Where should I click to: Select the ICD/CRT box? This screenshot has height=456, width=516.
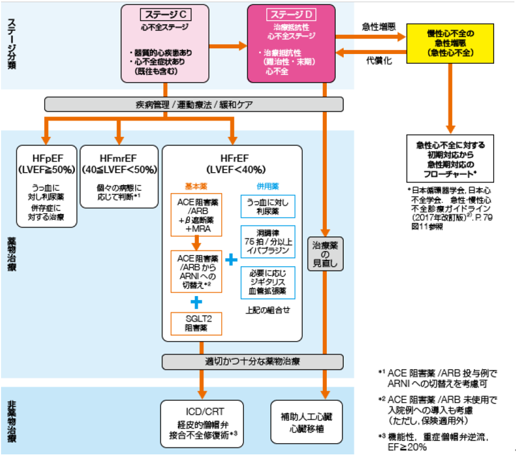click(x=203, y=422)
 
